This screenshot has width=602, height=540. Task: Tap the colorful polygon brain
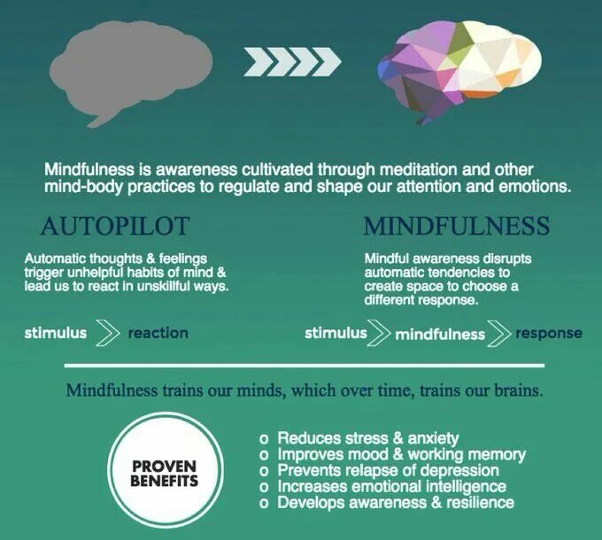pos(459,66)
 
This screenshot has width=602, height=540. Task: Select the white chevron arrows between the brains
pos(292,62)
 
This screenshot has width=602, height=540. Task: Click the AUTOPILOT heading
pos(115,226)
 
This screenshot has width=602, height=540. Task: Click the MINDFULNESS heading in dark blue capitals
pos(456,226)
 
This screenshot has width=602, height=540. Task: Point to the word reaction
pos(158,333)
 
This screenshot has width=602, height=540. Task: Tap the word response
pos(549,334)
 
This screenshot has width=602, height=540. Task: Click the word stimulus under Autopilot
pos(56,333)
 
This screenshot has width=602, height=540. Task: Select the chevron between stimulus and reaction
pos(106,334)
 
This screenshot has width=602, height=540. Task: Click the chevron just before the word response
pos(501,334)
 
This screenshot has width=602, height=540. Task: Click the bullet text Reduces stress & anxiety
pos(368,438)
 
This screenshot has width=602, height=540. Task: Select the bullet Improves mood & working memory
pos(401,454)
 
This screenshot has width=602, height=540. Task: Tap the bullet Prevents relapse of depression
pos(388,470)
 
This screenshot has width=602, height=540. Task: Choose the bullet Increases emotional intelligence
pos(391,486)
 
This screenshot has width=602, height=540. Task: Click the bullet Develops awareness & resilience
pos(395,502)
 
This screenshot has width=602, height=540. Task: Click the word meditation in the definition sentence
pos(399,168)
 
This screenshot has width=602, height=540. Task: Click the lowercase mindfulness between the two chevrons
pos(440,334)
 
